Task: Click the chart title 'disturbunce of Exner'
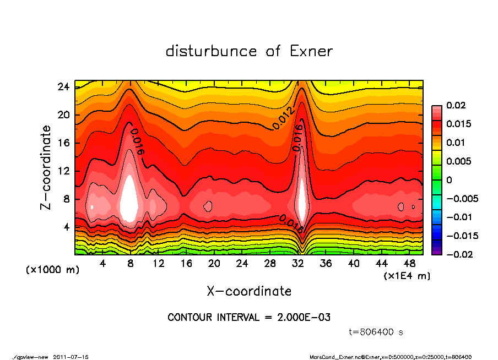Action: (x=249, y=51)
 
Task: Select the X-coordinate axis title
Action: (x=249, y=291)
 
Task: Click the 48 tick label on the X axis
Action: (x=410, y=264)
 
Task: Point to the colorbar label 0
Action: (x=448, y=180)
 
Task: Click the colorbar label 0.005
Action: (x=458, y=161)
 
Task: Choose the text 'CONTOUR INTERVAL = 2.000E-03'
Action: (x=249, y=317)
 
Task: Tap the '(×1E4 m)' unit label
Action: (x=407, y=275)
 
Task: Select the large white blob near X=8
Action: (x=129, y=198)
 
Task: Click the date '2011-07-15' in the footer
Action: (x=71, y=357)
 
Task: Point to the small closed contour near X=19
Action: (x=208, y=206)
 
